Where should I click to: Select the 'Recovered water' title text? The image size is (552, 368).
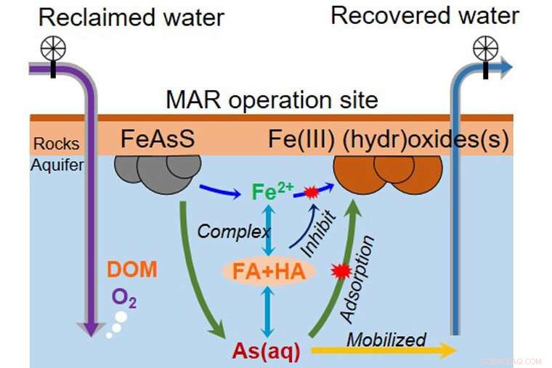tap(425, 15)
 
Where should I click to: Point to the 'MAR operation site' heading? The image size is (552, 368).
tap(272, 99)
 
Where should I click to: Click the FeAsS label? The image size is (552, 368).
tap(159, 138)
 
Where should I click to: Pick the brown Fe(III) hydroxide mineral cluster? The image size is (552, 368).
tap(388, 175)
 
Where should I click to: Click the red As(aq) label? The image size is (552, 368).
tap(266, 350)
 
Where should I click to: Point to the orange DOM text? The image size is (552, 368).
tap(131, 270)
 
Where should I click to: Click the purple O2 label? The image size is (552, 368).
tap(123, 297)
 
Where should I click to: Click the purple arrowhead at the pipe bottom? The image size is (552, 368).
tap(90, 328)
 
